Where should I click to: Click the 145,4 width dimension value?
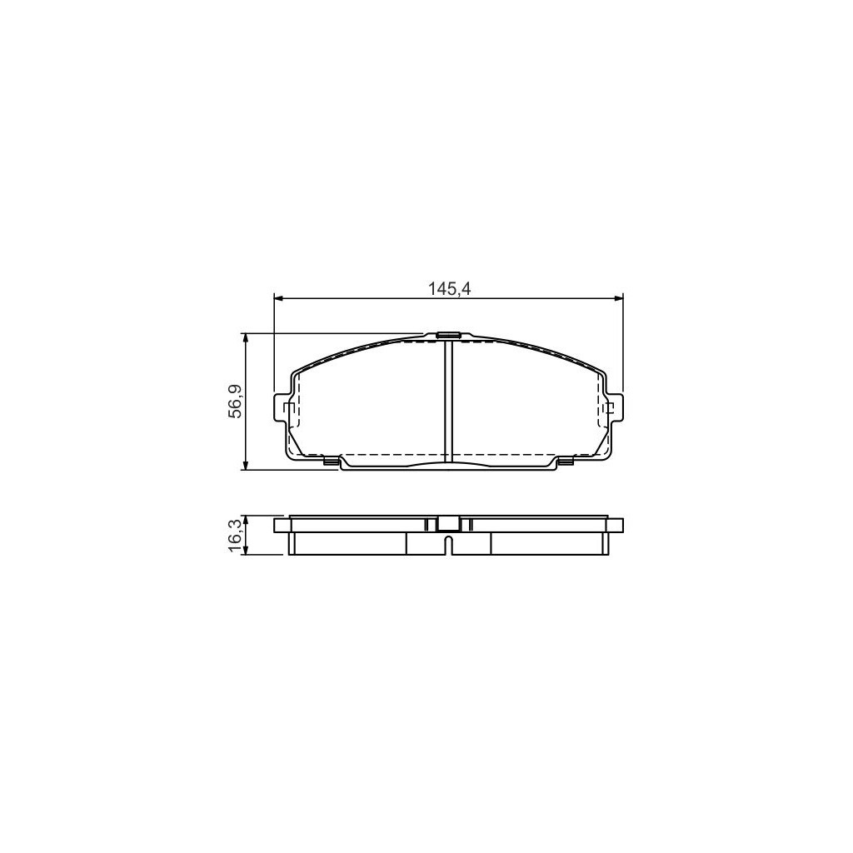[x=449, y=288]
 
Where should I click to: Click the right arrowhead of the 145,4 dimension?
[x=618, y=297]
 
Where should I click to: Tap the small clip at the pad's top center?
[x=448, y=336]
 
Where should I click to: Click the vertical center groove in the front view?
[x=448, y=400]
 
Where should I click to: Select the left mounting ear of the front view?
[x=282, y=407]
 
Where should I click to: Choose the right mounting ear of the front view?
[x=616, y=407]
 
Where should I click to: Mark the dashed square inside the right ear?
[x=608, y=408]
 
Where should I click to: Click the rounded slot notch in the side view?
[x=448, y=546]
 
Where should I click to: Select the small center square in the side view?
[x=448, y=524]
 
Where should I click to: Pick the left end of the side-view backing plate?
[x=280, y=525]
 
